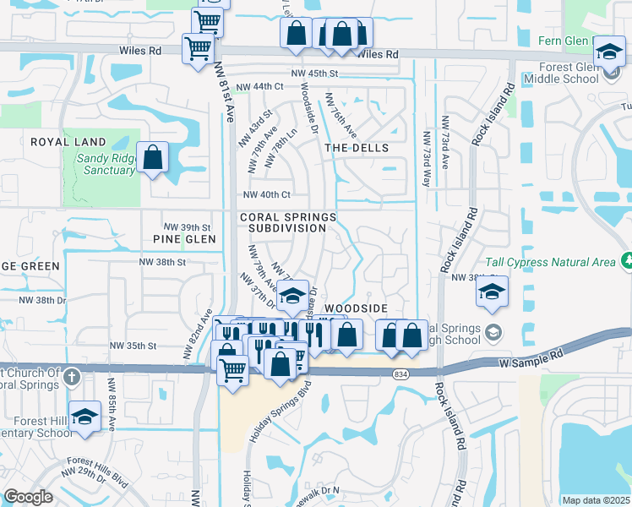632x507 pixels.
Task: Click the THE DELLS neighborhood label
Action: point(357,148)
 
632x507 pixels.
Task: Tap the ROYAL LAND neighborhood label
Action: point(68,142)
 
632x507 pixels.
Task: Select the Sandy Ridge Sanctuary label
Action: point(106,164)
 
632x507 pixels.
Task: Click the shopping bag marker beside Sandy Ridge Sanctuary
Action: point(153,157)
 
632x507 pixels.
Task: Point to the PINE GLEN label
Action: point(190,239)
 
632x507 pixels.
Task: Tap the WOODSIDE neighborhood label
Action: point(356,309)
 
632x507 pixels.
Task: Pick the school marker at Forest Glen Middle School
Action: point(608,52)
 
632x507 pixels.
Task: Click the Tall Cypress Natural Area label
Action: point(549,262)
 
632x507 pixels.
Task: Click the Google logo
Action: point(28,497)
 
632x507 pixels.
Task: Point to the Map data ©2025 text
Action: point(596,499)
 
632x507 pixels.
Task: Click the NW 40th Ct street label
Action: point(266,194)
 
